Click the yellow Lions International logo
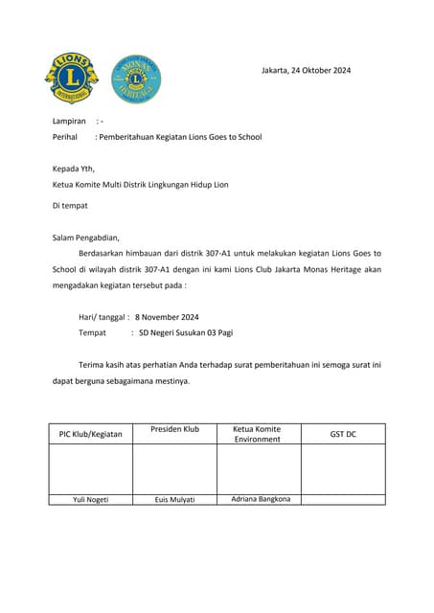coord(71,79)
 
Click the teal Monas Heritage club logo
coord(136,79)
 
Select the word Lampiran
coord(69,122)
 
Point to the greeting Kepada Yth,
coord(74,169)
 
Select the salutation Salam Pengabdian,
coord(86,238)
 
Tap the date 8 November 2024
coord(167,317)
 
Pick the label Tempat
coord(92,332)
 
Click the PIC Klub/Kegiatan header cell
coord(91,434)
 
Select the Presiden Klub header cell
coord(174,429)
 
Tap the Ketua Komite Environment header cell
coord(258,434)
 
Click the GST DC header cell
coord(343,434)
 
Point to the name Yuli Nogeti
coord(91,499)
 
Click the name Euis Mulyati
coord(174,499)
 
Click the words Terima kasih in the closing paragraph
coord(103,365)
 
